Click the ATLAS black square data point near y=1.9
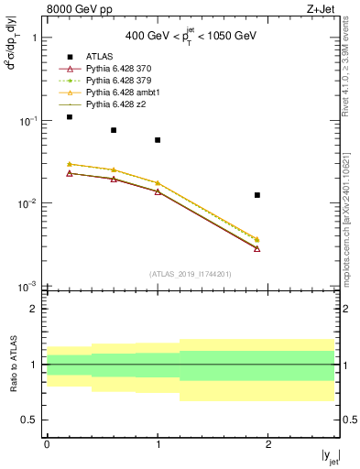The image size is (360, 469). click(257, 195)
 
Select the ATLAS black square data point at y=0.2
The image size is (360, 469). click(70, 117)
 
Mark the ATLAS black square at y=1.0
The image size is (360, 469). click(158, 140)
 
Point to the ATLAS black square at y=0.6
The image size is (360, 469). click(114, 130)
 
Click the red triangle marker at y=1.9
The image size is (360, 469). click(257, 248)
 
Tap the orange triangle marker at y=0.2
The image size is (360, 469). click(70, 164)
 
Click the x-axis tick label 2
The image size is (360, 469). click(268, 444)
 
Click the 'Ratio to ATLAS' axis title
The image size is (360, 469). click(13, 365)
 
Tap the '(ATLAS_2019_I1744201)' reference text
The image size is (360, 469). click(190, 274)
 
